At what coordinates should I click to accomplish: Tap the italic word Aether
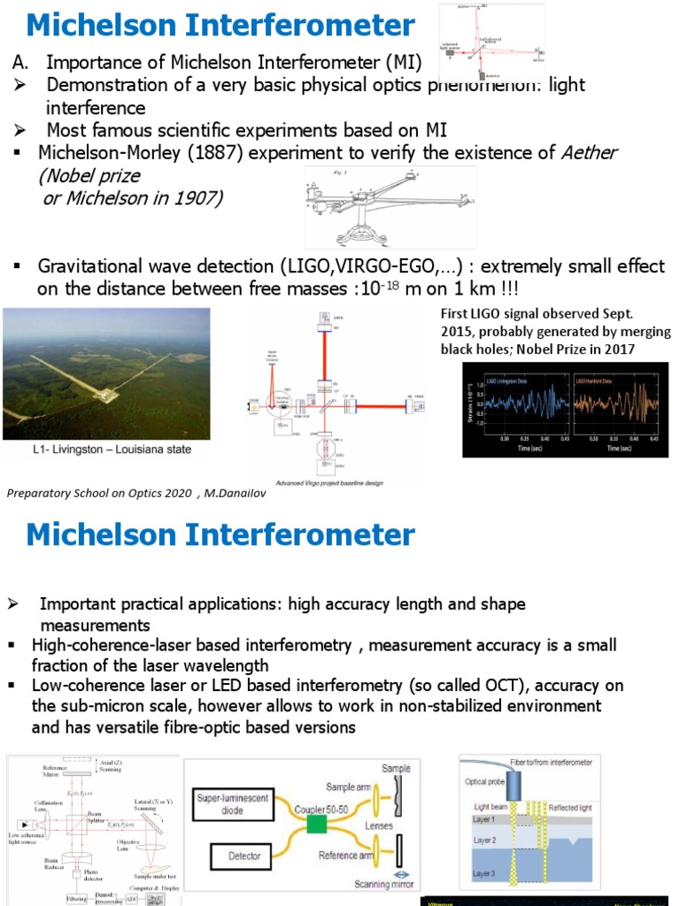[x=590, y=153]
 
